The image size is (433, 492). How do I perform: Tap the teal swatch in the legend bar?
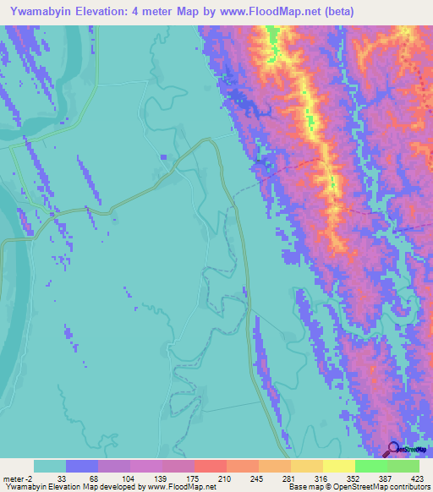click(50, 466)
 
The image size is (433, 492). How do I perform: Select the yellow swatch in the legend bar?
click(339, 466)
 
